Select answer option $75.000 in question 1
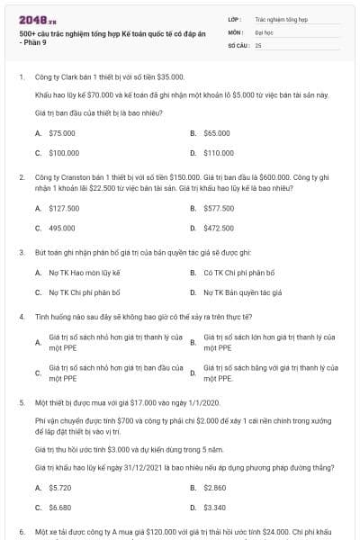point(62,132)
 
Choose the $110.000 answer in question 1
point(219,153)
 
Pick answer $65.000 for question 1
point(217,132)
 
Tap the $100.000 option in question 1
point(64,153)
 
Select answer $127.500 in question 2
point(64,208)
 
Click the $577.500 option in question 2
point(219,208)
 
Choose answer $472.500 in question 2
point(219,229)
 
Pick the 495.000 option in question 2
point(62,229)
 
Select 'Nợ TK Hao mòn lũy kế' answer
point(84,272)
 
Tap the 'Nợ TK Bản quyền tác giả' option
point(243,292)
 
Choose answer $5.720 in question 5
point(60,487)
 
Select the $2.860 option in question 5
point(215,487)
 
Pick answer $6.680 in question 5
point(60,508)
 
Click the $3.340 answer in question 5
point(215,508)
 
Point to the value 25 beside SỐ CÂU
point(258,44)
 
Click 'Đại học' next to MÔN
point(264,31)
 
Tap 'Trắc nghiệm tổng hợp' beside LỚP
point(281,18)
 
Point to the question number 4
point(22,317)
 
